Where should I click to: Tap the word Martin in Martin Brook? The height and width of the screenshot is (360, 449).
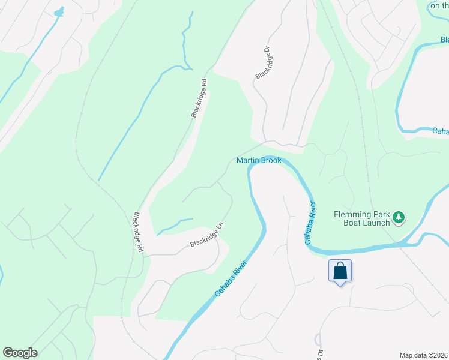[x=247, y=160]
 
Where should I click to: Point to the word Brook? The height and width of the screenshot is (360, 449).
[x=271, y=160]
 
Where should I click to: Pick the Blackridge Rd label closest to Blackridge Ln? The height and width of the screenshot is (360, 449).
[x=138, y=232]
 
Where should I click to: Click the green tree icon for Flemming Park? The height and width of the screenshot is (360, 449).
[x=399, y=217]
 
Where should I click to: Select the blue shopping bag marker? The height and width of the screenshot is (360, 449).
[x=340, y=271]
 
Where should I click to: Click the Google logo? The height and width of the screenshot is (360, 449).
[x=20, y=353]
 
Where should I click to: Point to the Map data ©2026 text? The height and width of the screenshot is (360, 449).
[x=424, y=355]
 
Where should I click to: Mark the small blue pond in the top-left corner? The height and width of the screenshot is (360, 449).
[x=58, y=12]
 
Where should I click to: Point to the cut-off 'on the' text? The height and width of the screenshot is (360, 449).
[x=439, y=5]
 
